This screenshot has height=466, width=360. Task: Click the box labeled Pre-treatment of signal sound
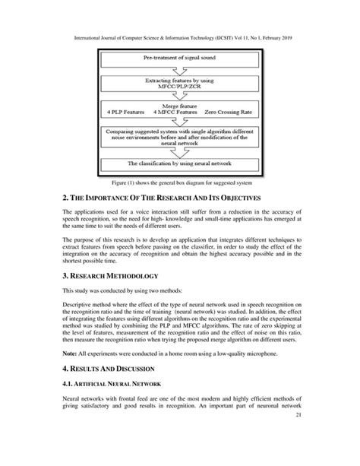[x=180, y=58]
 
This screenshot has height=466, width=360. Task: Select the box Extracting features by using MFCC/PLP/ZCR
[x=180, y=84]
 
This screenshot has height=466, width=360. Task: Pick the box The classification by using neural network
[x=180, y=163]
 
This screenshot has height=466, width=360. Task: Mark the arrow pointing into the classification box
[x=180, y=154]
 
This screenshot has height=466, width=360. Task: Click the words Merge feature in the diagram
[x=179, y=108]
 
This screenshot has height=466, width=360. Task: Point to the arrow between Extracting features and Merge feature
[x=180, y=96]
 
